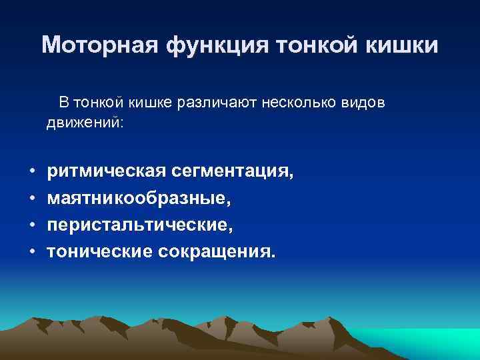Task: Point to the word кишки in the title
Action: point(407,45)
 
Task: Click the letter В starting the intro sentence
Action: point(63,103)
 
